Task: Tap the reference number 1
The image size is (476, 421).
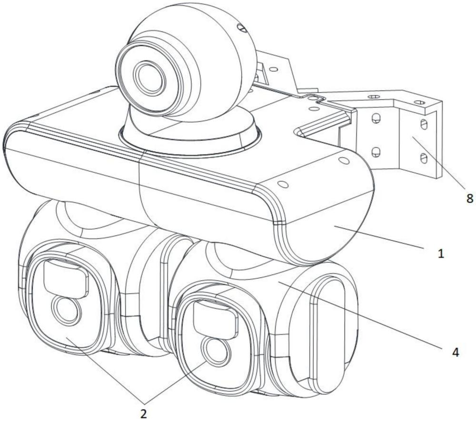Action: coord(441,253)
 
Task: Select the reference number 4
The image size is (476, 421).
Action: coord(456,352)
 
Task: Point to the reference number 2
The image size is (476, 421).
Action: coord(143,413)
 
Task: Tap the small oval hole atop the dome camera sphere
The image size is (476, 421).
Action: coord(241,28)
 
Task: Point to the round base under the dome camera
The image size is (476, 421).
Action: coord(190,134)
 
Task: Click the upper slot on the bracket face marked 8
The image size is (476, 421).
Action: coord(424,124)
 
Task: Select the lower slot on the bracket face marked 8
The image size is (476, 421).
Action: coord(424,157)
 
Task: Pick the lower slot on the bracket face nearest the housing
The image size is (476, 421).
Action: coord(376,151)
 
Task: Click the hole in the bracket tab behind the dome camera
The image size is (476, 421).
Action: coord(273,69)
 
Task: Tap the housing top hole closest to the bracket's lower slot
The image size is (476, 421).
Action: coord(345,160)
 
